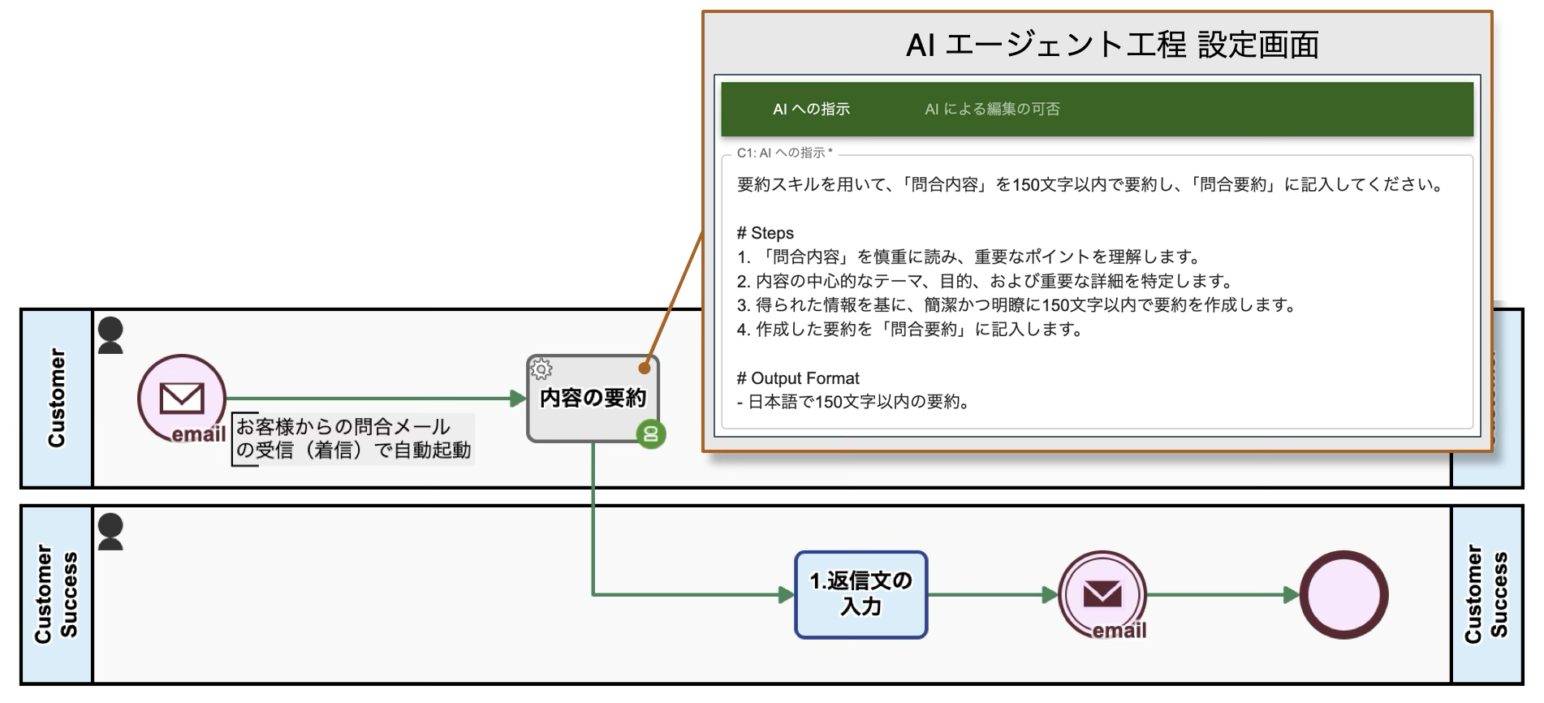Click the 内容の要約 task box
[x=593, y=399]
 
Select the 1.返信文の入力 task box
[x=860, y=595]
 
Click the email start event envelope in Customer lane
[x=182, y=399]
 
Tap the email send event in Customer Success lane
[x=1102, y=595]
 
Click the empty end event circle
[x=1343, y=595]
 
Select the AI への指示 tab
[x=811, y=110]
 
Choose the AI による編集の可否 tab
[x=992, y=110]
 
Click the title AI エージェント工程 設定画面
[x=1112, y=45]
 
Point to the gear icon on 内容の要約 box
[x=541, y=369]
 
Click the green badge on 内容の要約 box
[x=650, y=434]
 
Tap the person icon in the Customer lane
[x=110, y=335]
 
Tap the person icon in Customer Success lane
[x=110, y=532]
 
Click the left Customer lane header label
[x=56, y=398]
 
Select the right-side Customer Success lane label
[x=1486, y=594]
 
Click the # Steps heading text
[x=765, y=234]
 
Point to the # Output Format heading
[x=797, y=378]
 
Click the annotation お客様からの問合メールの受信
[x=353, y=438]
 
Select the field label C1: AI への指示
[x=784, y=153]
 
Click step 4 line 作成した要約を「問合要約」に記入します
[x=909, y=330]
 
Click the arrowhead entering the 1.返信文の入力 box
[x=786, y=595]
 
